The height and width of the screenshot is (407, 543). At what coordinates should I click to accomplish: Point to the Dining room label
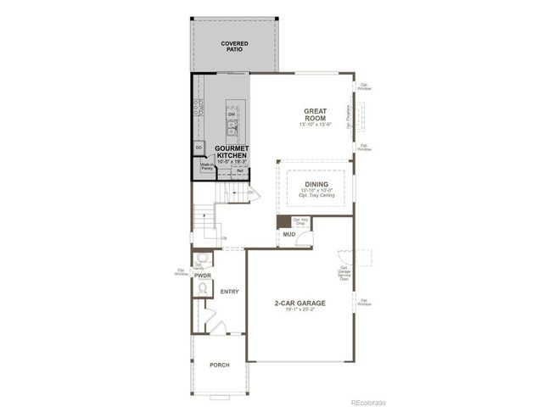tap(316, 182)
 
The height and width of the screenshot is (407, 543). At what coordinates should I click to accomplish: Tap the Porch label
tap(219, 365)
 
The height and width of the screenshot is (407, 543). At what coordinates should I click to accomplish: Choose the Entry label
tap(230, 292)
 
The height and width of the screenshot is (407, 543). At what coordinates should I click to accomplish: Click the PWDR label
tap(202, 276)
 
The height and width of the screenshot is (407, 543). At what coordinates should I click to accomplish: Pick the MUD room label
tap(288, 233)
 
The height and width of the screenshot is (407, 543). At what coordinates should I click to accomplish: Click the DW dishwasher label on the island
tap(231, 114)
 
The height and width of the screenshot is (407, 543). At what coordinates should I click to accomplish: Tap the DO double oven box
tap(199, 148)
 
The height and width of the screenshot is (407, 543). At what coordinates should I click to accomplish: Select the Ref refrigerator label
tap(240, 170)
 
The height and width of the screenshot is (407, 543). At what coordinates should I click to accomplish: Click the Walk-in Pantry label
tap(206, 167)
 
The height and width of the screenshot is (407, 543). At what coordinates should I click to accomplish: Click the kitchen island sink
tap(232, 129)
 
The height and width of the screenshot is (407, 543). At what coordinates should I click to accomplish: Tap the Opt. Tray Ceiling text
tap(316, 196)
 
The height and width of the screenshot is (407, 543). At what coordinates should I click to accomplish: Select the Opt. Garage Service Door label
tap(344, 272)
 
